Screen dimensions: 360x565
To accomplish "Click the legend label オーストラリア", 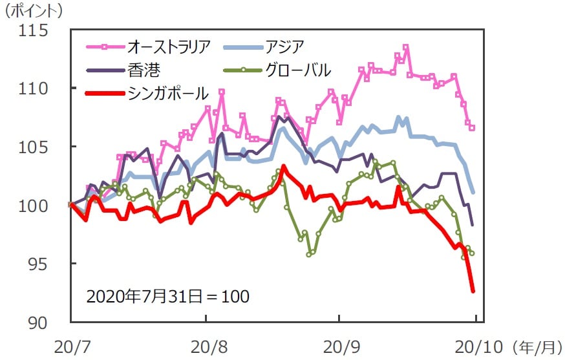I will point(169,47).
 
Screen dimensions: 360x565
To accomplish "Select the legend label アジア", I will point(284,47).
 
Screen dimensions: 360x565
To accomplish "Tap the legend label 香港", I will point(143,69).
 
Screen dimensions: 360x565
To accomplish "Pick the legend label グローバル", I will point(298,69).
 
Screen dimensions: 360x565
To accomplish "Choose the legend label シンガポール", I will point(168,93).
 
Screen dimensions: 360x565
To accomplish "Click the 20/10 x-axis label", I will point(476,346).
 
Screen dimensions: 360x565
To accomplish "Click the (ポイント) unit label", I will point(34,11).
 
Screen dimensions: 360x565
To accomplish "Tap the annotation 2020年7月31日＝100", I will point(167,297).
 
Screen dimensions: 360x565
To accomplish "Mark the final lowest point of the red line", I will point(473,291).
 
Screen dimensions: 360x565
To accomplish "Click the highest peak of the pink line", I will point(405,47).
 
